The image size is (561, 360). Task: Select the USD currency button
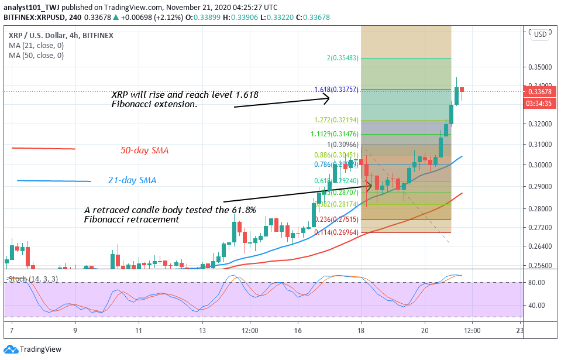click(540, 35)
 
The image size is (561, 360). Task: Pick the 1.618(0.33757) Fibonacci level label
click(337, 90)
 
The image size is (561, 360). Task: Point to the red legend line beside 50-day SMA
click(43, 149)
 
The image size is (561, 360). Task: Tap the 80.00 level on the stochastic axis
click(537, 283)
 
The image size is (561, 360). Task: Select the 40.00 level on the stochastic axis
click(537, 306)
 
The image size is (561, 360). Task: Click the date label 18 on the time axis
click(362, 330)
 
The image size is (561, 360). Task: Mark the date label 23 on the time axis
click(519, 330)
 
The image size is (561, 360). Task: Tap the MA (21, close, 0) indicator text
click(36, 46)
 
